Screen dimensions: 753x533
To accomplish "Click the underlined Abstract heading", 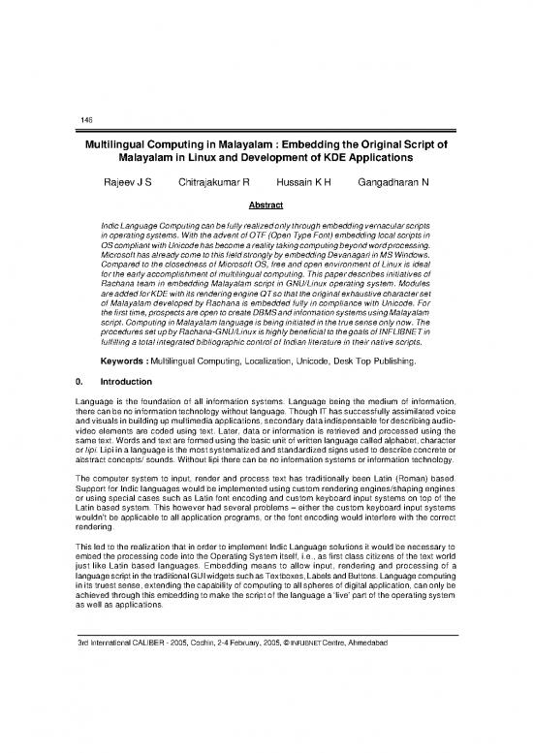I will (266, 205).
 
